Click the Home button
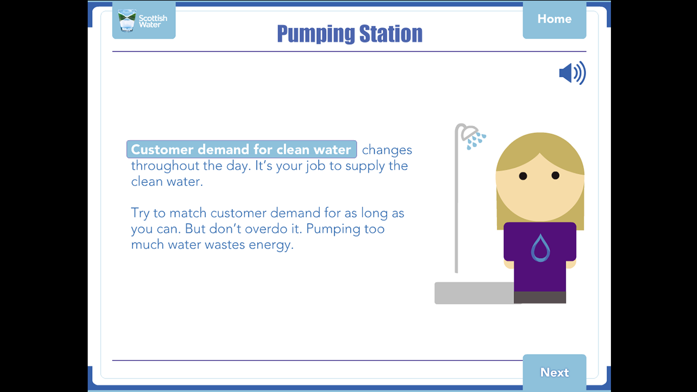pyautogui.click(x=554, y=19)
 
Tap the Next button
pyautogui.click(x=554, y=372)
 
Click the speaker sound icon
pyautogui.click(x=572, y=73)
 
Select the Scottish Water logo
pyautogui.click(x=144, y=21)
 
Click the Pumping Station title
pyautogui.click(x=350, y=34)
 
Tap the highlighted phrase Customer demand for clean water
pyautogui.click(x=241, y=150)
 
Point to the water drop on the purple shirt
pyautogui.click(x=540, y=248)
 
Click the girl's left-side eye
pyautogui.click(x=523, y=176)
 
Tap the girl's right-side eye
pyautogui.click(x=555, y=175)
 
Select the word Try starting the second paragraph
pyautogui.click(x=140, y=213)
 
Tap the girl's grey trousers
pyautogui.click(x=540, y=297)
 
